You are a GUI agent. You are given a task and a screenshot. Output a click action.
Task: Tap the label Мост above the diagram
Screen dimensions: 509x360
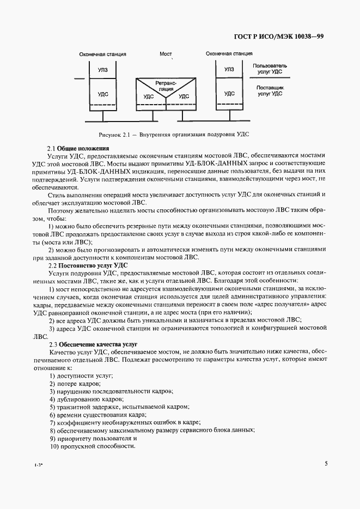click(166, 54)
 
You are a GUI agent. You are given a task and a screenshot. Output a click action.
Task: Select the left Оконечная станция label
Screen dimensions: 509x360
click(102, 54)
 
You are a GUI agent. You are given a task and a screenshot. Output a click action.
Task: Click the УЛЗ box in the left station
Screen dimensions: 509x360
click(102, 70)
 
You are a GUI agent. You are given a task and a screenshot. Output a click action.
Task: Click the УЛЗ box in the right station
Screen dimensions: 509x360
click(229, 69)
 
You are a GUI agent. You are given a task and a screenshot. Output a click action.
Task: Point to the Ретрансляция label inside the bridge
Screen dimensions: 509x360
click(165, 85)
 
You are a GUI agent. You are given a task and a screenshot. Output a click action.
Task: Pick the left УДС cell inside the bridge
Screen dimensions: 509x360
click(148, 96)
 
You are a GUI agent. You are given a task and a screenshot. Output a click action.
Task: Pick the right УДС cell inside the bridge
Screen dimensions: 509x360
click(184, 96)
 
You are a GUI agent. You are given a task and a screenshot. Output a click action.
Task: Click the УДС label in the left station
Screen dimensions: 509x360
click(102, 94)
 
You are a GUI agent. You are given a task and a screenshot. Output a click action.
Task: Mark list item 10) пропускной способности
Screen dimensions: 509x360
click(92, 446)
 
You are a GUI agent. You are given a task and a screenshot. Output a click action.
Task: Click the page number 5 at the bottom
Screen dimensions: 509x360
click(326, 464)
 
